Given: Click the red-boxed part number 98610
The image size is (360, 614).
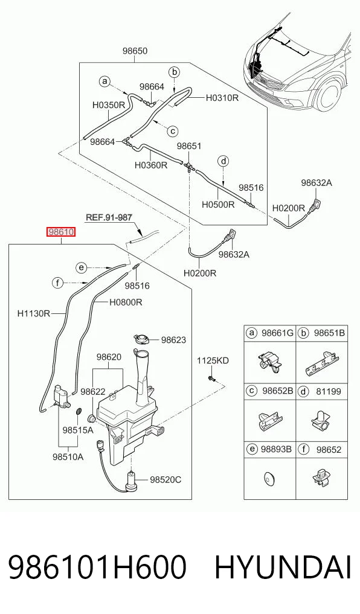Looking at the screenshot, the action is coord(61,232).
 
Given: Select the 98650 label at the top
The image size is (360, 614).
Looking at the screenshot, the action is coord(135,51).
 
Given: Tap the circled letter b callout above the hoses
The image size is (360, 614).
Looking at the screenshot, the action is coord(175,72).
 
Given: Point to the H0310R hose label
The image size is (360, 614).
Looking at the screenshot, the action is coord(222,98).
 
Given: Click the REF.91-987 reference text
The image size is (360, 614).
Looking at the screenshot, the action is coord(109,217).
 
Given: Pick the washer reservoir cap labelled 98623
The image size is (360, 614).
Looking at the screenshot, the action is coord(142,339).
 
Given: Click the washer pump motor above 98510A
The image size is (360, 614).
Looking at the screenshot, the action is coord(62,395).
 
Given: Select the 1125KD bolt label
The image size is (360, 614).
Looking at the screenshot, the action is coord(213,360).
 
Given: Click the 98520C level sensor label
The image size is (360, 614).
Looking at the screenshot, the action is coord(166,480).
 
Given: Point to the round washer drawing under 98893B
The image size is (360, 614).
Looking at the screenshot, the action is coord(269,478).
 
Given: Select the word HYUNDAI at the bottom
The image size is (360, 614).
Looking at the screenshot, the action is coord(283,568).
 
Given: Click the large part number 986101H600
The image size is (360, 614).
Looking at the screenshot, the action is coord(97,568).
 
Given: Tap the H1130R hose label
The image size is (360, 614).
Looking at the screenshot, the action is coord(34,313).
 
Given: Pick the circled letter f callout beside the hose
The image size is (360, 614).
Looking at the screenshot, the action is coord(58,282).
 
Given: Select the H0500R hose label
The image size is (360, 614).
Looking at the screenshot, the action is coord(218,204).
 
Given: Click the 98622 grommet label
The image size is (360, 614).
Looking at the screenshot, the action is coord(93,391).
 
